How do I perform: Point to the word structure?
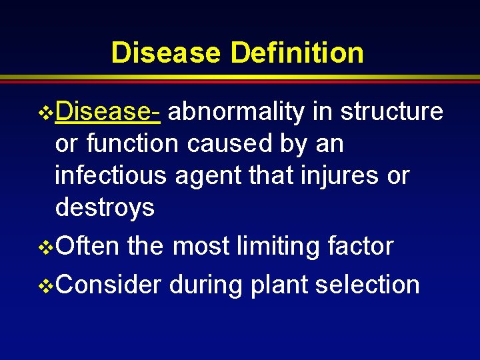click(x=391, y=112)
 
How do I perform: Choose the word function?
click(x=133, y=144)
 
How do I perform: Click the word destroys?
click(x=105, y=208)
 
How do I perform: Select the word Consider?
click(x=109, y=285)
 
